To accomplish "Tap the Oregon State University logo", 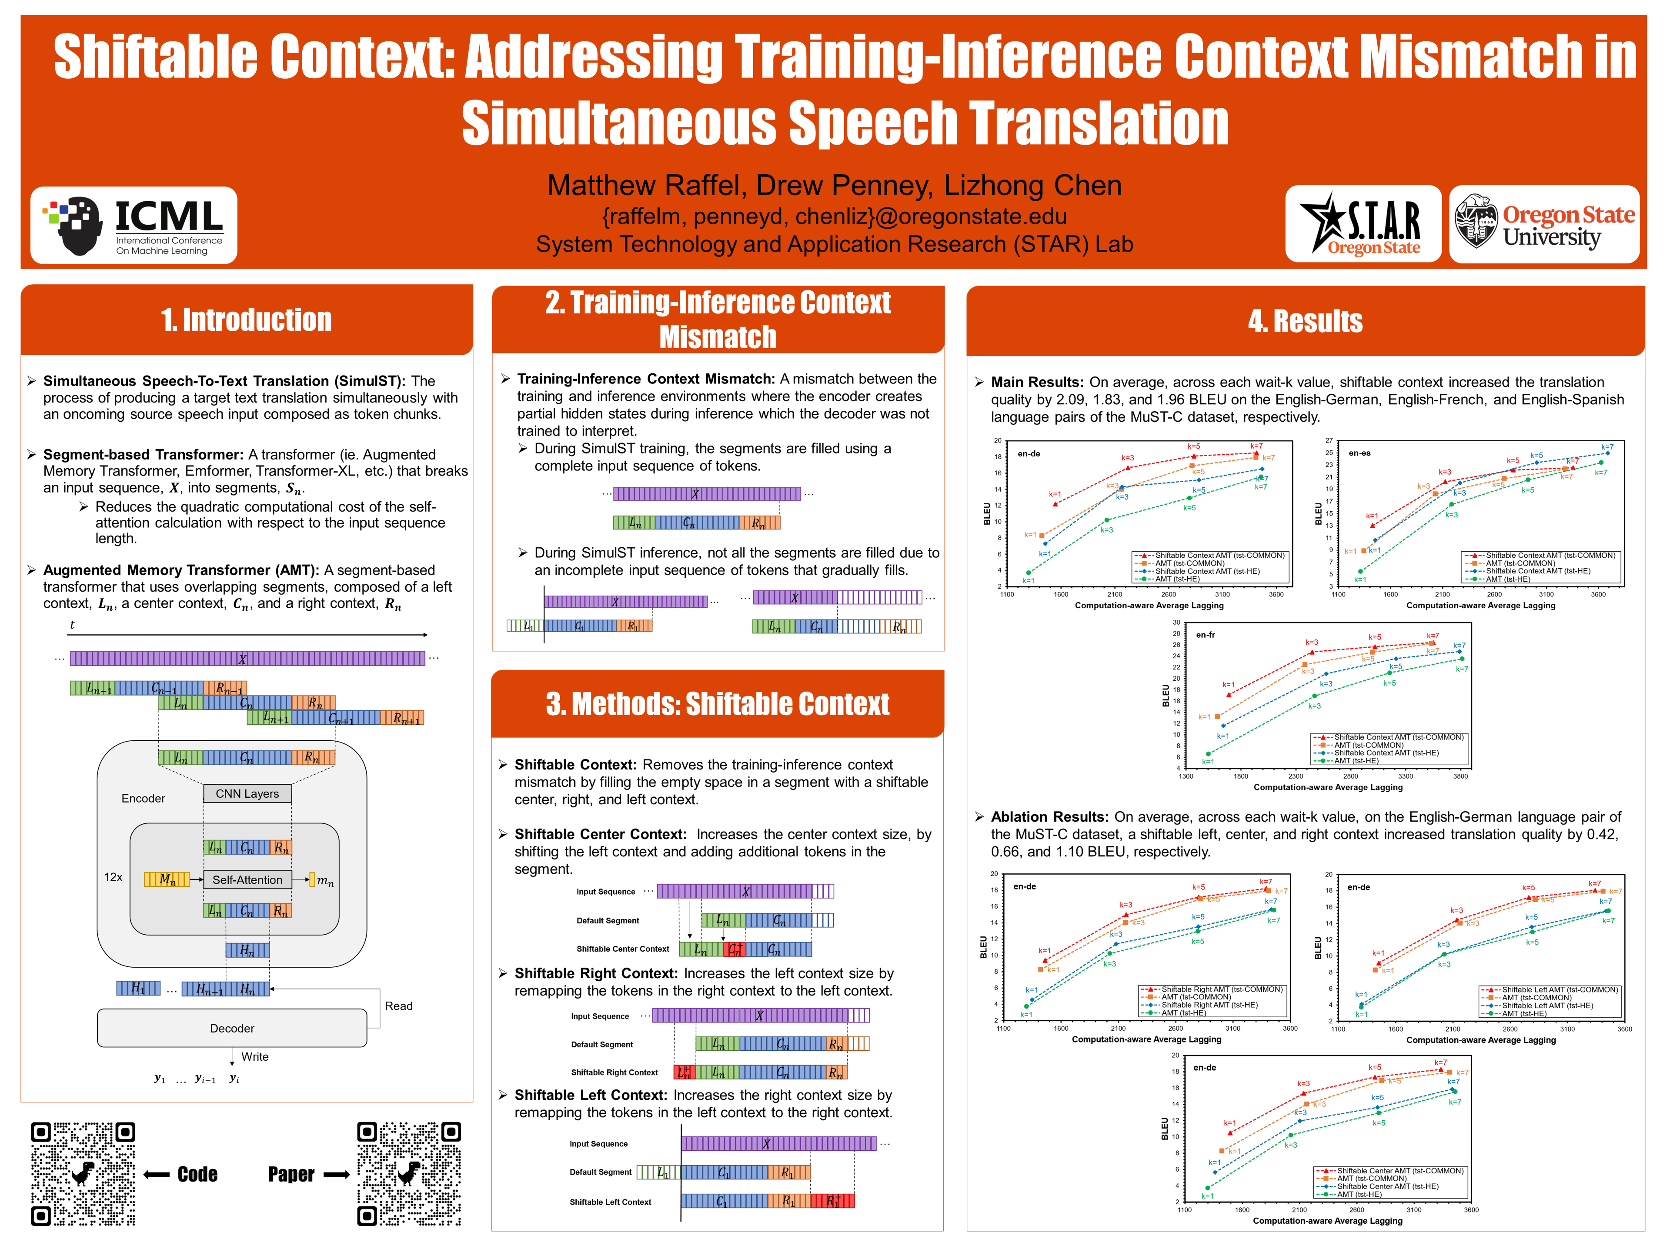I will [x=1544, y=224].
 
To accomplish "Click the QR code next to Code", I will [x=83, y=1173].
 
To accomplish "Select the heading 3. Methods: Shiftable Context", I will [x=717, y=704].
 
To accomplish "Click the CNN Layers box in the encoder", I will [x=247, y=794].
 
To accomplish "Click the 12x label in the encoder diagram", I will [x=113, y=877].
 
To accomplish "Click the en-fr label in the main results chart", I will [x=1206, y=635].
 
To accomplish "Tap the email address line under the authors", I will [x=834, y=216].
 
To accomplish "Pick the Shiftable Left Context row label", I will [x=610, y=1202].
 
